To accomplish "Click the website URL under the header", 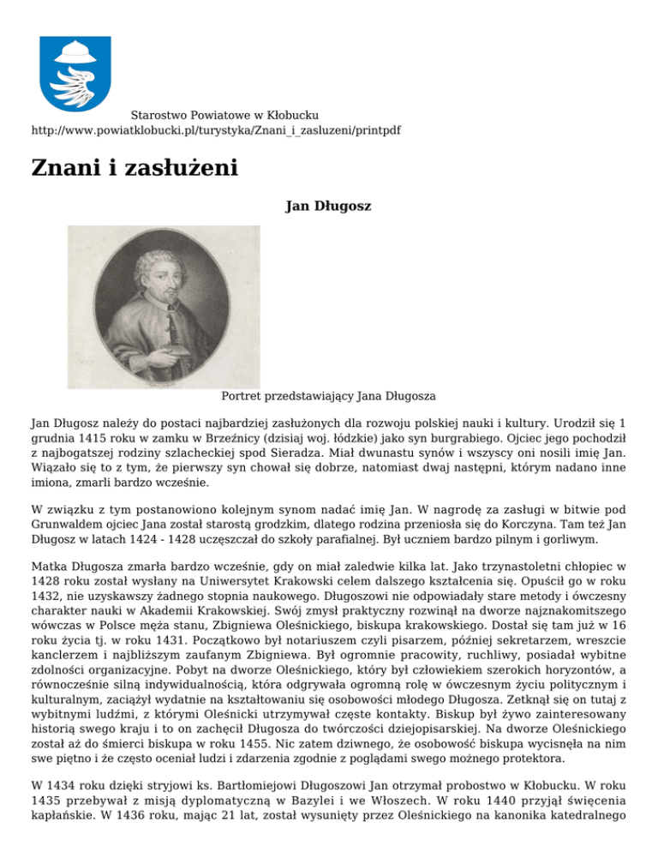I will coord(216,130).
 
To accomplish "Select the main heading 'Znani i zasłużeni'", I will coord(135,167).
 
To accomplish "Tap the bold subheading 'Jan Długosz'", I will coord(328,206).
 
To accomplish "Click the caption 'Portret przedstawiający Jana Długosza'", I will coord(329,396).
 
